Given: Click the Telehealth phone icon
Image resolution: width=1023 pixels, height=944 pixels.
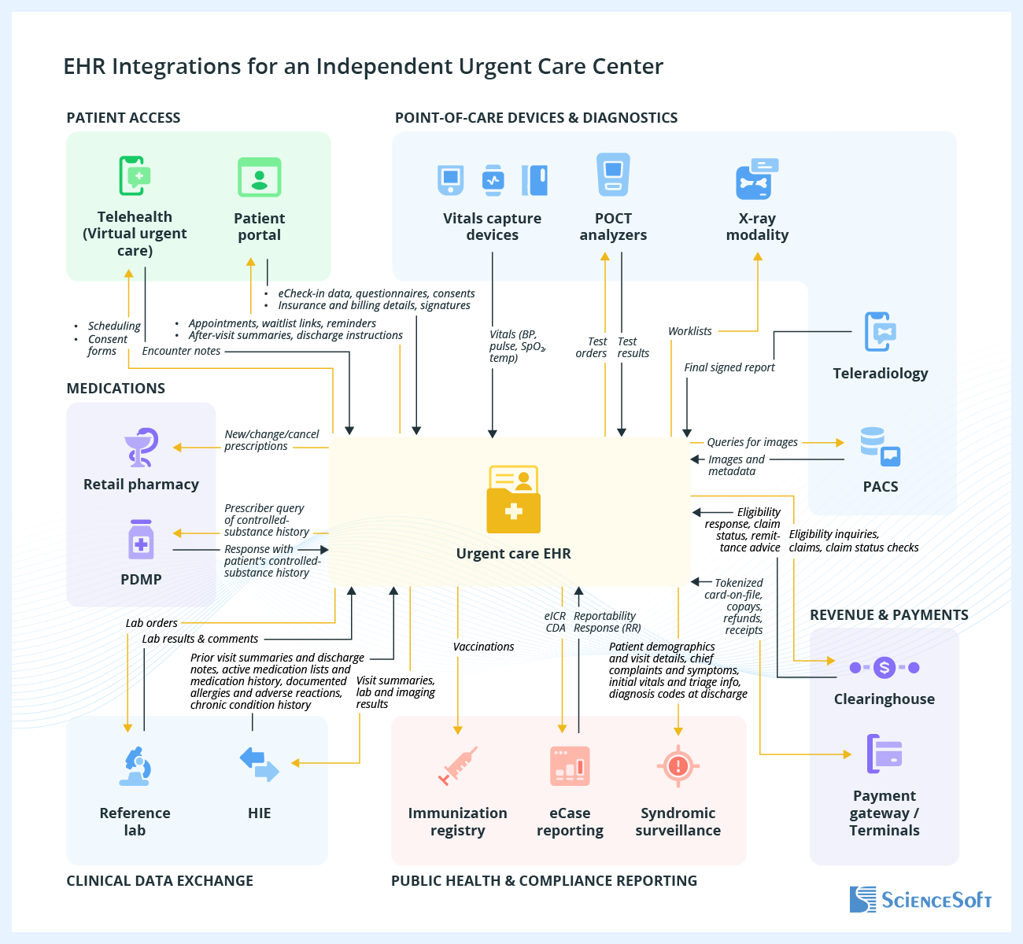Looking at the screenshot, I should (x=135, y=175).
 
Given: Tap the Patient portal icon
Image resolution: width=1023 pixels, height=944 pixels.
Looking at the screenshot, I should (x=259, y=178).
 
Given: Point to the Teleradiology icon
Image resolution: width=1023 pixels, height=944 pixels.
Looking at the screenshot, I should (x=880, y=331).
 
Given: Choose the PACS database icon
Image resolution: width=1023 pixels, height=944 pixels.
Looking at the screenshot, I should (x=880, y=446).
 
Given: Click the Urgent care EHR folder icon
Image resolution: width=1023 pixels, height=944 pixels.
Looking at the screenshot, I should (x=513, y=500).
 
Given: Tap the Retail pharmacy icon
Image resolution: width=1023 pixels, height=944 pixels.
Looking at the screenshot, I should (x=142, y=448).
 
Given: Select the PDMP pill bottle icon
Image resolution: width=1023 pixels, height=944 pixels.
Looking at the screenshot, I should (x=142, y=540).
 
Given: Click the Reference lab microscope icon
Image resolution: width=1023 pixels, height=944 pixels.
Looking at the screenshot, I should (x=135, y=766).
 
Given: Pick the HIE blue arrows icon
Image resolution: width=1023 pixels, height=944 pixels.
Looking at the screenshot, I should (x=259, y=765).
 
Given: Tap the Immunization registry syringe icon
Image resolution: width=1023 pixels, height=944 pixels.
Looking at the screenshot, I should (x=458, y=766).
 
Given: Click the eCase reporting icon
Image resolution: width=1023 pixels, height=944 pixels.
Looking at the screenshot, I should (x=570, y=765).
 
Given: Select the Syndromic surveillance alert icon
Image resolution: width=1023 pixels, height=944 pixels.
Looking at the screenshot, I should (x=678, y=765).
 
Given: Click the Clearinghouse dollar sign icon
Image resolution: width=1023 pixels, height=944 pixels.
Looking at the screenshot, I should (x=885, y=668).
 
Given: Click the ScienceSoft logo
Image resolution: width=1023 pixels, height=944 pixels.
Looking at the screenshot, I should (x=920, y=899).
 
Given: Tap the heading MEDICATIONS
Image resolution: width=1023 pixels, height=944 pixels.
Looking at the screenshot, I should (x=116, y=389).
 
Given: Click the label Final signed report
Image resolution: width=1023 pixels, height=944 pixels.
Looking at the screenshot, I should (x=729, y=367).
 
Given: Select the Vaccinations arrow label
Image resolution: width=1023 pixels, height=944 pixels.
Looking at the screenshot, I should (x=483, y=647).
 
